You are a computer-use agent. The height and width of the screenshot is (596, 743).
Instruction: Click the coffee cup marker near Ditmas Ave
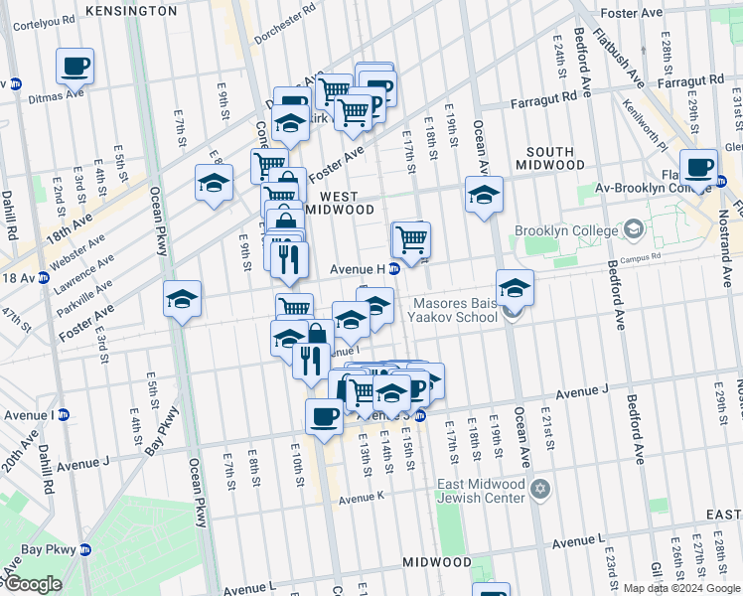click(74, 67)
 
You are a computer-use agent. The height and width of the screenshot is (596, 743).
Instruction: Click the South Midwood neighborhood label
click(549, 155)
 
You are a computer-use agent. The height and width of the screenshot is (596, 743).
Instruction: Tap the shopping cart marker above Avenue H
click(410, 239)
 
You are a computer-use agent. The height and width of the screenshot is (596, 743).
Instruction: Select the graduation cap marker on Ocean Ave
click(484, 194)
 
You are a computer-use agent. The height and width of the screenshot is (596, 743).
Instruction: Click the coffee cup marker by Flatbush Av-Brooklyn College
click(698, 167)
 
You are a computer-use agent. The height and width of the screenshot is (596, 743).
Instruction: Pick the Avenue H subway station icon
click(393, 269)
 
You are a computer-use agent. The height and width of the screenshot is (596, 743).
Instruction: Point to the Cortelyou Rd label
click(39, 20)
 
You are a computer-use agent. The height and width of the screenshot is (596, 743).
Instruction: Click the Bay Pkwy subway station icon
click(85, 549)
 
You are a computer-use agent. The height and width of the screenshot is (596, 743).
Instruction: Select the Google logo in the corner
click(32, 584)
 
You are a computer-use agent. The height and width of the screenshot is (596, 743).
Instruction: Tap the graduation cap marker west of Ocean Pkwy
click(183, 299)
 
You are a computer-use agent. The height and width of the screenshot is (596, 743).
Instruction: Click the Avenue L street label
click(579, 542)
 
